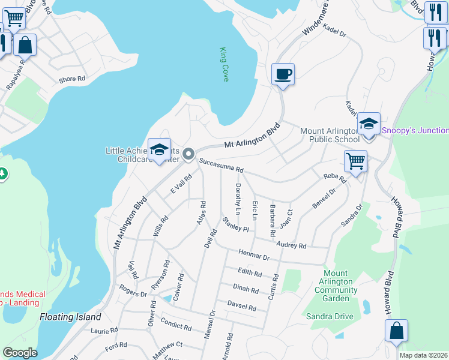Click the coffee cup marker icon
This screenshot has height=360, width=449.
click(x=283, y=75)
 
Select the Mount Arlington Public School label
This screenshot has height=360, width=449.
click(x=330, y=135)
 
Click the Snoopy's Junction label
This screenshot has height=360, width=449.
click(x=415, y=130)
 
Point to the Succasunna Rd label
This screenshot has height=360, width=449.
click(x=221, y=166)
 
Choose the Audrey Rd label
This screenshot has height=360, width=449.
click(x=291, y=245)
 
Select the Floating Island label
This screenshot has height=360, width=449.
click(x=70, y=316)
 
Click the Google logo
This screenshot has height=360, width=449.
click(x=20, y=353)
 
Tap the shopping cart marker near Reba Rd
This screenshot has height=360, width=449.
click(x=355, y=161)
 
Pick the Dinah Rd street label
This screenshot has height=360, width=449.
click(x=246, y=289)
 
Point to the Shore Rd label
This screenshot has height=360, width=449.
click(x=72, y=79)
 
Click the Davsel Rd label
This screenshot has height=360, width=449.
click(x=241, y=307)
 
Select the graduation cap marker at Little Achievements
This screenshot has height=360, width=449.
click(x=159, y=150)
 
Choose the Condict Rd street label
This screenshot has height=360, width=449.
click(x=176, y=327)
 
